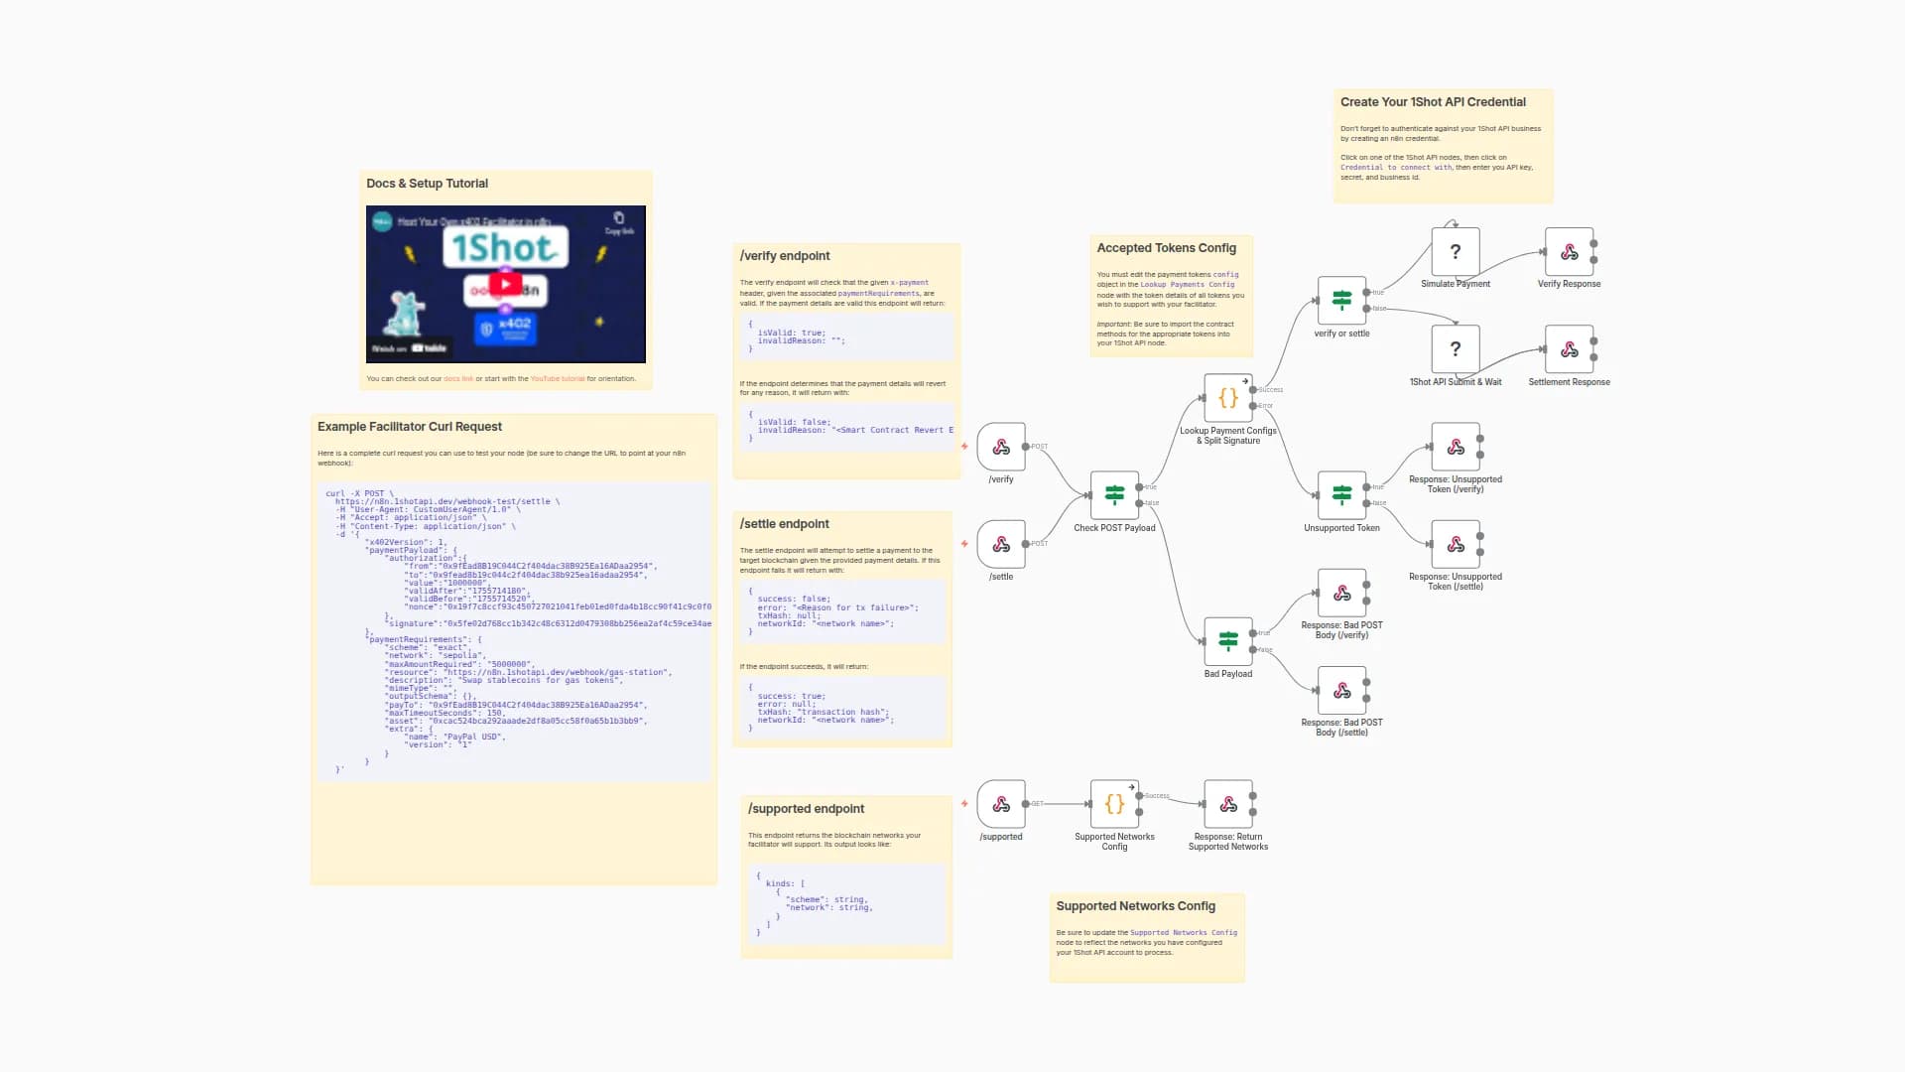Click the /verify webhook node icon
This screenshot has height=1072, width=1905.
pyautogui.click(x=1001, y=447)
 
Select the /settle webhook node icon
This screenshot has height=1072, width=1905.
pyautogui.click(x=1001, y=544)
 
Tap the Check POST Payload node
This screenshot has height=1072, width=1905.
pyautogui.click(x=1114, y=495)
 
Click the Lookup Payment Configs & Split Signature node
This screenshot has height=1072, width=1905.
pyautogui.click(x=1228, y=398)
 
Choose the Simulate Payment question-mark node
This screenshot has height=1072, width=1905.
pyautogui.click(x=1456, y=252)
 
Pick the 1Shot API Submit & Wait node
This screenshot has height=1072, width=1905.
pyautogui.click(x=1456, y=349)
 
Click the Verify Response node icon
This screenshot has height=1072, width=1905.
pyautogui.click(x=1569, y=252)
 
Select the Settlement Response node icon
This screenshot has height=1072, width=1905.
pyautogui.click(x=1569, y=349)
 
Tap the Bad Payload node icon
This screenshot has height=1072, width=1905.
pyautogui.click(x=1228, y=641)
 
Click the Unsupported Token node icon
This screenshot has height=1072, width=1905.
pyautogui.click(x=1341, y=495)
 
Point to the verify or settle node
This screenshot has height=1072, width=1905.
pyautogui.click(x=1341, y=301)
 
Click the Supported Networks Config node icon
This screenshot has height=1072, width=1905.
pyautogui.click(x=1114, y=804)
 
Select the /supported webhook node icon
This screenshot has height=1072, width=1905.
pyautogui.click(x=1001, y=804)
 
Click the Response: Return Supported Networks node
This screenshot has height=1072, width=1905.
pyautogui.click(x=1228, y=804)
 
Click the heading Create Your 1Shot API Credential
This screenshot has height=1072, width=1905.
pyautogui.click(x=1433, y=102)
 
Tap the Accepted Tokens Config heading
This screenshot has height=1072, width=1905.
pyautogui.click(x=1166, y=248)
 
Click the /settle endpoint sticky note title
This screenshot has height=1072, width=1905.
pyautogui.click(x=784, y=524)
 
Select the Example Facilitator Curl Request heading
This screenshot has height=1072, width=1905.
pyautogui.click(x=410, y=427)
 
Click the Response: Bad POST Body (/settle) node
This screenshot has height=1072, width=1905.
pyautogui.click(x=1341, y=690)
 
